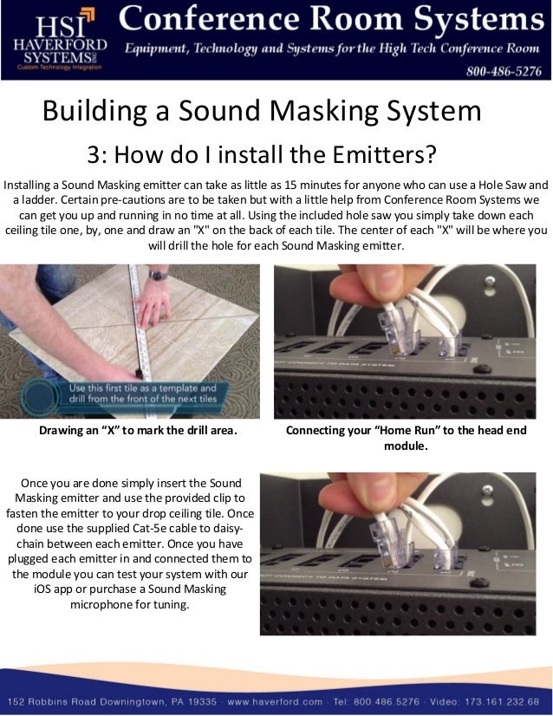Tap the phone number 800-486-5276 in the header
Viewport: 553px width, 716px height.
pos(503,71)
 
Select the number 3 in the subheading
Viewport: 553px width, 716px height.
pos(94,156)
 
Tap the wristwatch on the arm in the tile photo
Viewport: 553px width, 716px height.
pos(157,275)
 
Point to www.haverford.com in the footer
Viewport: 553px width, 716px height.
pos(276,701)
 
